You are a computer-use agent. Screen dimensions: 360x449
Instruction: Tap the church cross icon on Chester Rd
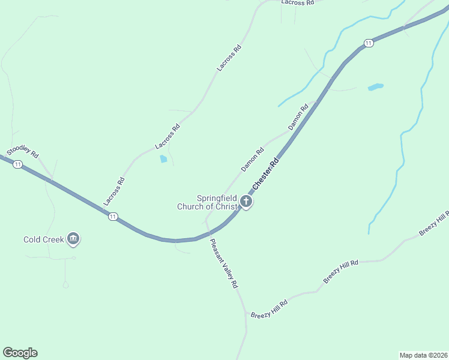click(246, 202)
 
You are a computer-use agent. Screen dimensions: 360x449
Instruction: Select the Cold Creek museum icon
click(74, 239)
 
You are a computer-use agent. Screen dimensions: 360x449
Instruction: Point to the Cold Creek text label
click(44, 239)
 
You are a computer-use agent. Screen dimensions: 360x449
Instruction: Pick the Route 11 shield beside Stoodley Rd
click(17, 164)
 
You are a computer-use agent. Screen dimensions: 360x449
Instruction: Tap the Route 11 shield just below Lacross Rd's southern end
click(113, 217)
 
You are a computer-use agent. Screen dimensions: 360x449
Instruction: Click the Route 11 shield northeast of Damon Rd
click(368, 43)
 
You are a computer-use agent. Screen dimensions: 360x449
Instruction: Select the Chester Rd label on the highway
click(266, 174)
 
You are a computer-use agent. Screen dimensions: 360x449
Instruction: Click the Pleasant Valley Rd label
click(224, 263)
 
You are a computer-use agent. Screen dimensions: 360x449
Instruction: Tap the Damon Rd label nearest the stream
click(298, 117)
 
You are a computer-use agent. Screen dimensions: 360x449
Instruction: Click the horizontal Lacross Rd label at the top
click(298, 3)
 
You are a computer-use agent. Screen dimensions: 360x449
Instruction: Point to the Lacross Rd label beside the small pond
click(167, 137)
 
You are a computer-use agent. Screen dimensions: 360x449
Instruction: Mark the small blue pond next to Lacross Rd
click(163, 159)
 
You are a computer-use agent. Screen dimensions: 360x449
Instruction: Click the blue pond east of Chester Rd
click(375, 87)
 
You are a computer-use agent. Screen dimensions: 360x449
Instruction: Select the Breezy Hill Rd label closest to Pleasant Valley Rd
click(270, 310)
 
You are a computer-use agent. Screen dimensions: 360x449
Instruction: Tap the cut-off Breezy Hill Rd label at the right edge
click(435, 224)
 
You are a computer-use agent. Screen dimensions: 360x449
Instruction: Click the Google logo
click(20, 353)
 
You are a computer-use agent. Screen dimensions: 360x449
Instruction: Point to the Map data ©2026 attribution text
click(423, 355)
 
